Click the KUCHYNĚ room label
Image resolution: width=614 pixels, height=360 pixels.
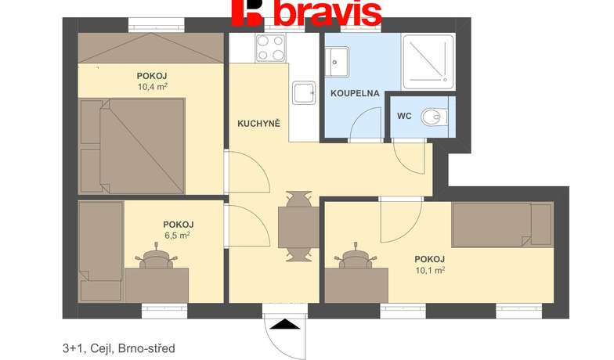tap(258, 124)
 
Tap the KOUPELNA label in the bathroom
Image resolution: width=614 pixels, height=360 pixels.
tap(355, 94)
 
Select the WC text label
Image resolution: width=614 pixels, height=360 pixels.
tap(404, 116)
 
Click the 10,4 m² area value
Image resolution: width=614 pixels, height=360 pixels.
tap(153, 86)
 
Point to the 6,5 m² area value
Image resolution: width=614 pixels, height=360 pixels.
tap(179, 235)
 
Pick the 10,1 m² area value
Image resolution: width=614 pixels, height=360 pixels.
tap(429, 269)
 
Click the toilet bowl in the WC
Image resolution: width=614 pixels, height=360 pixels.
tap(434, 117)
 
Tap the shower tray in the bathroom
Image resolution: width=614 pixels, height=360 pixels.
tap(429, 62)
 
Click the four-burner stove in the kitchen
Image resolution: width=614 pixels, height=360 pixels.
tap(270, 49)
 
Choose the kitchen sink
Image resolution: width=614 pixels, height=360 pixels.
tap(304, 92)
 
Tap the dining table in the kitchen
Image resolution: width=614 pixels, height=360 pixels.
tap(298, 227)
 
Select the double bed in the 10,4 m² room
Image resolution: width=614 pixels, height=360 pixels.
tap(132, 146)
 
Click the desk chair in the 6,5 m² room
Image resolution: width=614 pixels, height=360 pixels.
tap(157, 257)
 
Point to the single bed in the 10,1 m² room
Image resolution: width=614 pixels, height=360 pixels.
tap(503, 225)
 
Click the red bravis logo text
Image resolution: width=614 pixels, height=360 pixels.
tap(307, 13)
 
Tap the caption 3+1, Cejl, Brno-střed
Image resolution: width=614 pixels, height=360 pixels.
tap(119, 347)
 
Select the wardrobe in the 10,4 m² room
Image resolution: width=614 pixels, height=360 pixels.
tap(150, 48)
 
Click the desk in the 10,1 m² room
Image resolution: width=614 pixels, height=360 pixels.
tap(356, 285)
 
